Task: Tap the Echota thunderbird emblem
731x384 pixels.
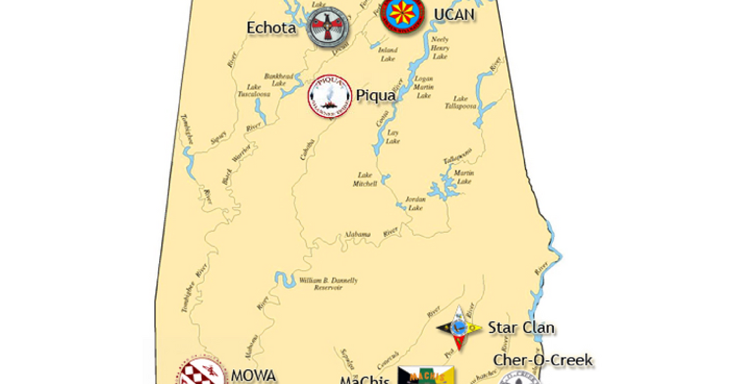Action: [x=329, y=27]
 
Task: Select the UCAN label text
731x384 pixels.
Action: [x=454, y=14]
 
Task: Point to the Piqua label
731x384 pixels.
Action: [x=376, y=95]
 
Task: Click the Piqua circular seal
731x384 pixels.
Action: [x=330, y=96]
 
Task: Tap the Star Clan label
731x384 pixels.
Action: [x=521, y=328]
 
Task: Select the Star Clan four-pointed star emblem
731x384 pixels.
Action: [x=459, y=328]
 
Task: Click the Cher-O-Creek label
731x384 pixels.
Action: [x=543, y=360]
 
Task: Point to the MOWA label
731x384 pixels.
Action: [x=253, y=375]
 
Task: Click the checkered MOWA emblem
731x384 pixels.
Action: [x=202, y=372]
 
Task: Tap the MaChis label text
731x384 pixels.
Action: [x=365, y=379]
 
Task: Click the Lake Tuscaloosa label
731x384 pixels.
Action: [x=254, y=91]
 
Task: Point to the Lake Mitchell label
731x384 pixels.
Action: [x=365, y=179]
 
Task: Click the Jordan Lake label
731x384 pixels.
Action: [x=415, y=203]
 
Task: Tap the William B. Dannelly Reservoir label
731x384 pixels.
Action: [x=328, y=284]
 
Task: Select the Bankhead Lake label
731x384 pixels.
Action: [x=278, y=80]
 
